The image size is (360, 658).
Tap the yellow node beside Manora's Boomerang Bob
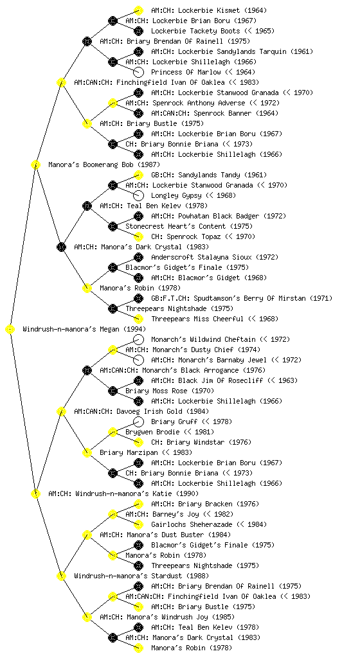(x=35, y=164)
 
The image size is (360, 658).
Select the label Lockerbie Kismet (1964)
(x=209, y=10)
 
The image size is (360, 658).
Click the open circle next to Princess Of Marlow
(x=138, y=72)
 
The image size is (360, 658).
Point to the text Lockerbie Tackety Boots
(x=195, y=31)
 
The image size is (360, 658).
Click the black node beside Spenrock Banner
(x=138, y=113)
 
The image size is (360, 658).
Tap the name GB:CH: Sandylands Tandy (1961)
(x=209, y=175)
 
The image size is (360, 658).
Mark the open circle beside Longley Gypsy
(x=138, y=195)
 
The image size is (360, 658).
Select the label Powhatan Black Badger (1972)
(x=219, y=216)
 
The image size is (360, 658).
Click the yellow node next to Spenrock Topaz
(x=138, y=236)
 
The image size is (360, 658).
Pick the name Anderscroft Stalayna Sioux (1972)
(x=215, y=257)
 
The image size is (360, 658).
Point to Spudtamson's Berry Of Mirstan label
(x=242, y=298)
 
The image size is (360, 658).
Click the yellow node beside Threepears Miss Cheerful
(x=138, y=319)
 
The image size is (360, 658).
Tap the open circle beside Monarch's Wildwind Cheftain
(x=138, y=339)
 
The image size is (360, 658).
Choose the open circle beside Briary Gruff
(x=138, y=422)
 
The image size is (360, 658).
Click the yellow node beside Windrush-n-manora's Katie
(x=35, y=493)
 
